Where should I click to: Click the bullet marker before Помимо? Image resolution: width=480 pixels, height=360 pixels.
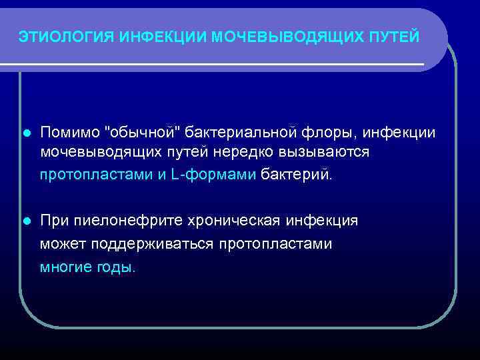click(26, 133)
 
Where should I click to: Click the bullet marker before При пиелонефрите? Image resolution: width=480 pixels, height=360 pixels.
click(26, 221)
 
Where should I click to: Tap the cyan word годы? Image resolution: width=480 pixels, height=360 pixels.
click(117, 267)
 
